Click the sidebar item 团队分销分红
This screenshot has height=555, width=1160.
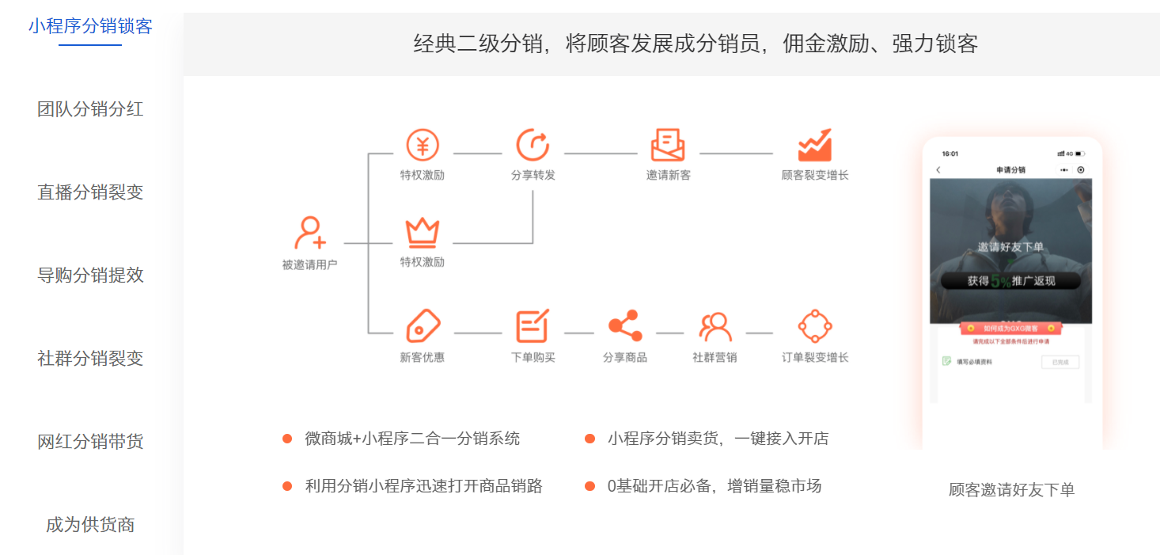(x=90, y=109)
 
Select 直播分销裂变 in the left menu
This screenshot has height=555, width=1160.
(x=90, y=192)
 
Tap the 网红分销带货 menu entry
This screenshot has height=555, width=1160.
(x=90, y=442)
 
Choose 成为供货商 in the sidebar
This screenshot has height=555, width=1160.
(x=90, y=525)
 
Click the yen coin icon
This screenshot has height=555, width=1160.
(x=423, y=146)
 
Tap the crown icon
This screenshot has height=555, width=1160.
(x=423, y=232)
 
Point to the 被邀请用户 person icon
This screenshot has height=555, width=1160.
(x=309, y=233)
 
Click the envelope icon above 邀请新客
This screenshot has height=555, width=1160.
(x=668, y=146)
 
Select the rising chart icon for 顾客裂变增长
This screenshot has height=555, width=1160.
(x=814, y=146)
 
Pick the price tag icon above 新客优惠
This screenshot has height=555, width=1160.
(x=423, y=325)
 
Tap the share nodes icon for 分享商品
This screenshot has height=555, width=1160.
(x=625, y=325)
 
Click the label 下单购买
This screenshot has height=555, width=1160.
(x=533, y=358)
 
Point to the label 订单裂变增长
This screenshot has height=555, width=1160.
(x=815, y=358)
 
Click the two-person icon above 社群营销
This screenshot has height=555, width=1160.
(x=715, y=325)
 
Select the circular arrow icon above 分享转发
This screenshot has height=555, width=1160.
(x=533, y=146)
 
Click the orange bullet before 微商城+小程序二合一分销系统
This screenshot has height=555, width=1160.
(x=287, y=439)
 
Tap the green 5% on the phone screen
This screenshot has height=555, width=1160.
(x=1000, y=281)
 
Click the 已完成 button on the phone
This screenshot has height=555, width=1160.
(x=1060, y=362)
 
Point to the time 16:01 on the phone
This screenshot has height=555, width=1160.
(x=950, y=154)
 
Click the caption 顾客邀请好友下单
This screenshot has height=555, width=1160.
(x=1011, y=490)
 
